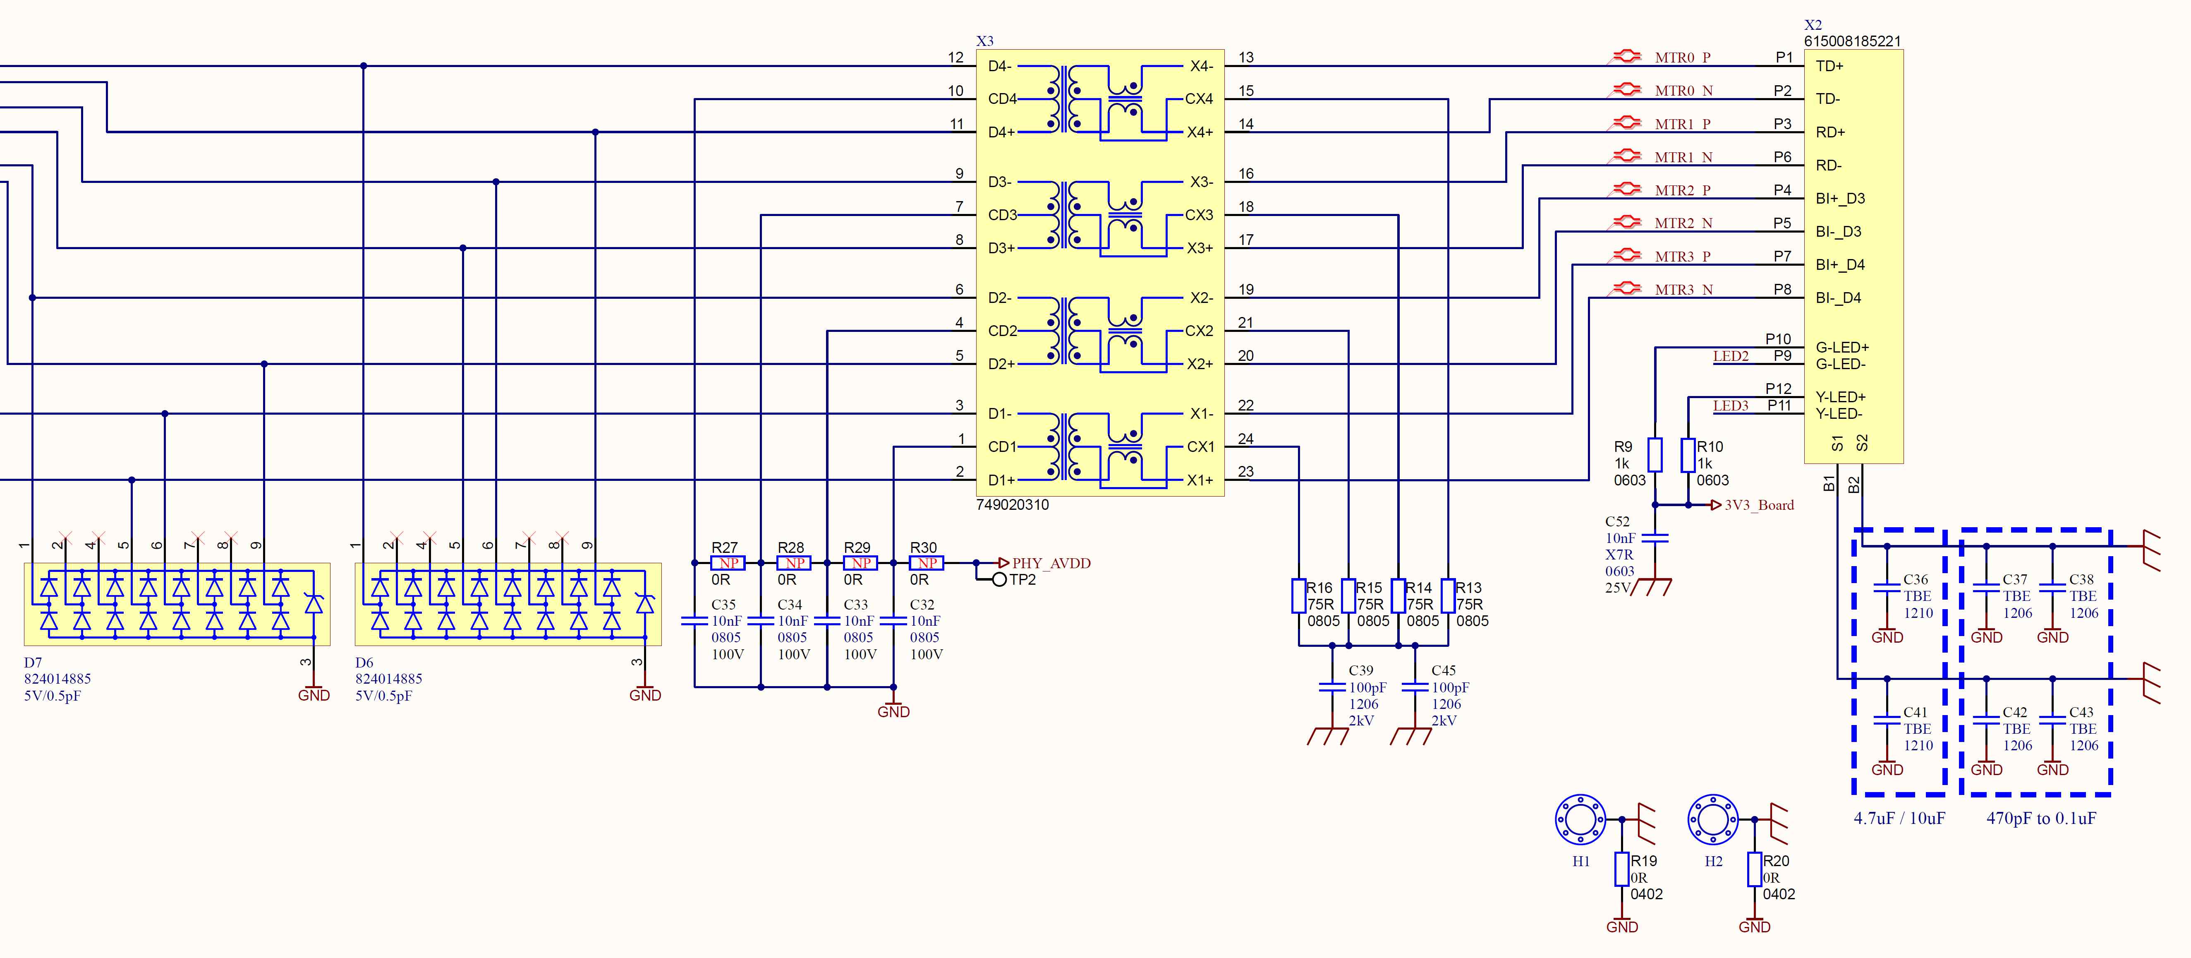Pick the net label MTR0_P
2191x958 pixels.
pos(1681,58)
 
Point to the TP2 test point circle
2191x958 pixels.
pos(999,579)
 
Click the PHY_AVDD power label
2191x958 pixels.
pos(1051,563)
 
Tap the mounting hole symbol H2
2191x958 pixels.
pos(1712,819)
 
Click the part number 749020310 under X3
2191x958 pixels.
pos(1012,504)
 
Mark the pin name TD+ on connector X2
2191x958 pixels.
pos(1829,66)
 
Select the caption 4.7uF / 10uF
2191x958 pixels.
pos(1899,819)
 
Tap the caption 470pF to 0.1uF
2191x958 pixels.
pos(2040,819)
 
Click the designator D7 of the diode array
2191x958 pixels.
pos(32,662)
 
